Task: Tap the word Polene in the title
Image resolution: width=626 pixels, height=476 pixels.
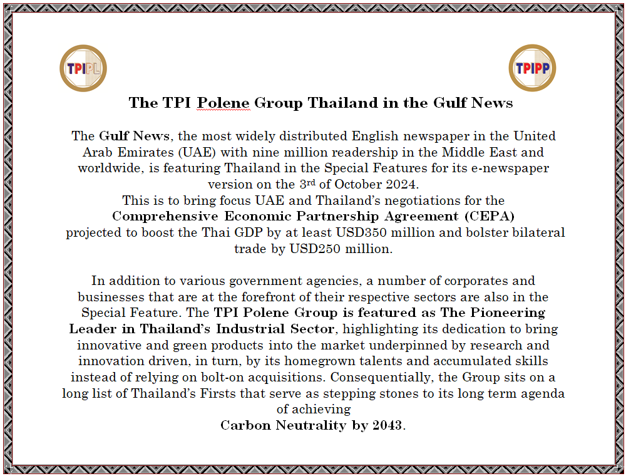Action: coord(223,103)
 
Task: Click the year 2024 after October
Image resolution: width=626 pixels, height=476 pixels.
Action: coord(401,185)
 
